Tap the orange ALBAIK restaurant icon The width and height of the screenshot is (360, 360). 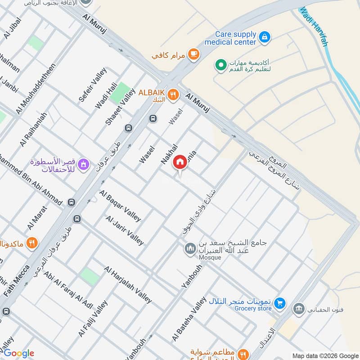172,94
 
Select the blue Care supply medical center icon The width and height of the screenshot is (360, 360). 265,36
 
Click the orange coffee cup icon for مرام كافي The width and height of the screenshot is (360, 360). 193,54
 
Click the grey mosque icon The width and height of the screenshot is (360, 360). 190,248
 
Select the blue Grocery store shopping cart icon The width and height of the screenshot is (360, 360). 279,304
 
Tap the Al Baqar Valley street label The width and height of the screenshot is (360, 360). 121,205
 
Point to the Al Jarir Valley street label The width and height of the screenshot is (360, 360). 125,230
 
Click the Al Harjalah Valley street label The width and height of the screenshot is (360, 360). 128,285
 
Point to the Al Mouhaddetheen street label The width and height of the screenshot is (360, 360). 36,89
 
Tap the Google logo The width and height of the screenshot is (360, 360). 18,353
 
